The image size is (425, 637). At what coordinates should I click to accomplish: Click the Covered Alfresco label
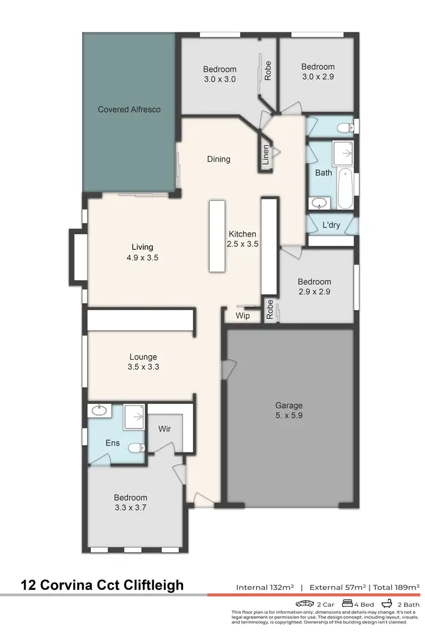coord(129,109)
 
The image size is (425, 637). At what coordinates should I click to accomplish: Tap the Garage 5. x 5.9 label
coord(289,410)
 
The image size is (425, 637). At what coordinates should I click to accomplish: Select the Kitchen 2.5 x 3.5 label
coord(243,239)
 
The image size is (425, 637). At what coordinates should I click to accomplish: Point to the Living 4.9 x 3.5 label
coord(142,252)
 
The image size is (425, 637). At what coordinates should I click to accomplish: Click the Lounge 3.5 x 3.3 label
coord(143,362)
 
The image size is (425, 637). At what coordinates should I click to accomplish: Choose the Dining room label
coord(218,159)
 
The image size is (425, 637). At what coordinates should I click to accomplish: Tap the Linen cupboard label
coord(266,155)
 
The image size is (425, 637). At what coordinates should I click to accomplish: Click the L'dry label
coord(331,225)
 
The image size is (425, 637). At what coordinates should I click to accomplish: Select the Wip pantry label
coord(243,316)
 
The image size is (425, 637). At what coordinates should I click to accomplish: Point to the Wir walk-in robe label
coord(164,429)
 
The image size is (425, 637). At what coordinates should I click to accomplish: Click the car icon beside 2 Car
coord(305,604)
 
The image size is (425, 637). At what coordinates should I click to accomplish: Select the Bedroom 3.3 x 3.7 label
coord(131,502)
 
